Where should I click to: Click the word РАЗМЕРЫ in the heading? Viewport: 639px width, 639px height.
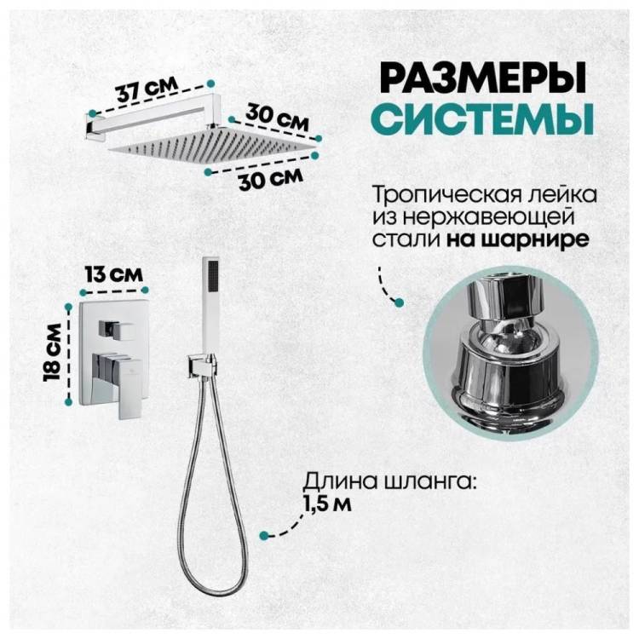point(484,78)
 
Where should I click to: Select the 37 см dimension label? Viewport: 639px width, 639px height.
point(147,88)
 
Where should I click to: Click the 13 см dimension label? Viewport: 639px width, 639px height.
point(114,273)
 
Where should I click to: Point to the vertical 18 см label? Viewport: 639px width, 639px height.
point(52,353)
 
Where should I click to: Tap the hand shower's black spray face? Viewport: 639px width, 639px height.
point(213,276)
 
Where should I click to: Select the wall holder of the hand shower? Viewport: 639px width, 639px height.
point(202,366)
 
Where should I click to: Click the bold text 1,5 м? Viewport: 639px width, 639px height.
point(327,504)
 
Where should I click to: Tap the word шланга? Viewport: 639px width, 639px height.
point(430,483)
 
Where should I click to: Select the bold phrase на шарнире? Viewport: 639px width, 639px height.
point(517,239)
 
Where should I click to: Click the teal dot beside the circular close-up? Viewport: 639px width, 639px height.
point(400,302)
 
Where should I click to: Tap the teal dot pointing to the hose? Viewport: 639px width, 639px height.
point(264,535)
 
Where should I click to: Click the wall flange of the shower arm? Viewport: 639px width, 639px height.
point(89,124)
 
